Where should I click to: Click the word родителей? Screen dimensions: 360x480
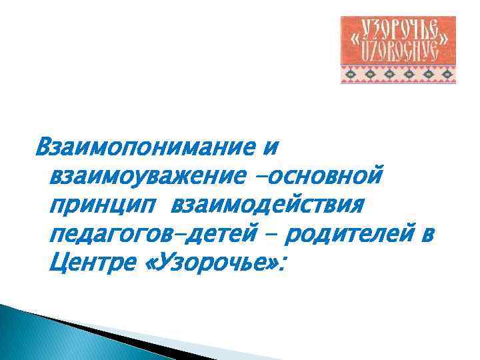[x=346, y=237]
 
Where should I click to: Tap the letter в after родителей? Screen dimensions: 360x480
[x=427, y=237]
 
